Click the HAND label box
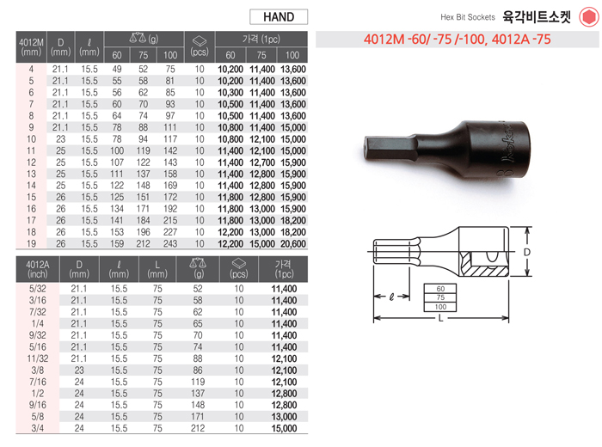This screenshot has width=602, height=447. (x=279, y=17)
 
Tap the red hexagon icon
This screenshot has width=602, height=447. (x=588, y=17)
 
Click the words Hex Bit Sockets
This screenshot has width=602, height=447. (x=468, y=17)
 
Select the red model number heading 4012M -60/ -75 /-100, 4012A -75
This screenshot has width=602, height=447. (x=458, y=40)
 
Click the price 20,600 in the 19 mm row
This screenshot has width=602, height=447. (x=293, y=243)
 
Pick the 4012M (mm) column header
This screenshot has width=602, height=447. (x=31, y=46)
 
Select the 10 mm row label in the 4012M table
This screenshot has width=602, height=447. (x=31, y=139)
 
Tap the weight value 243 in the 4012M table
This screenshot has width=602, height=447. (x=170, y=243)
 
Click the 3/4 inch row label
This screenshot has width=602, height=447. (x=37, y=428)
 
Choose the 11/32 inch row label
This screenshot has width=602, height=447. (x=38, y=358)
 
